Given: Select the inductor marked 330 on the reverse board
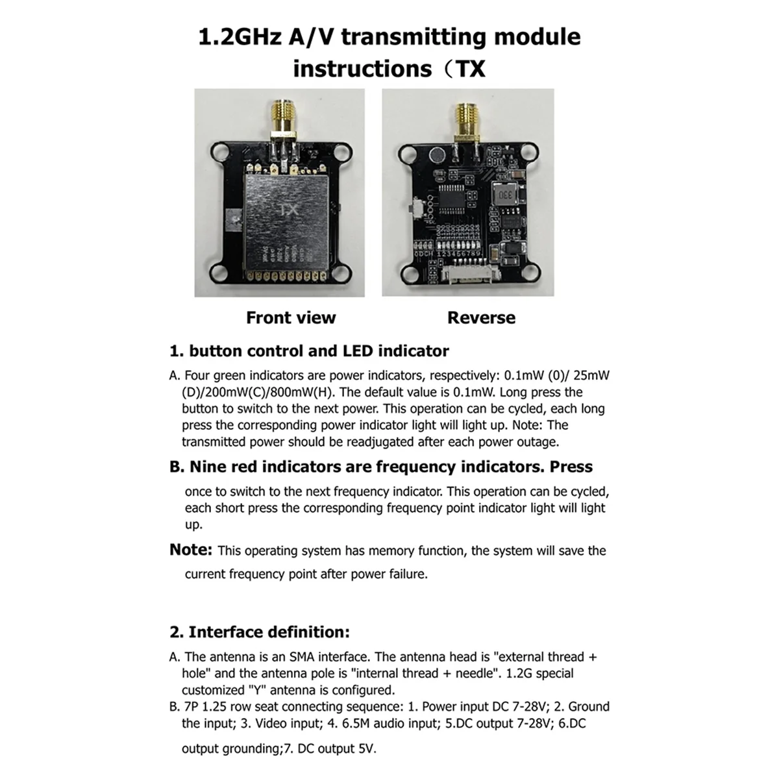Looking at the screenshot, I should click(x=505, y=194).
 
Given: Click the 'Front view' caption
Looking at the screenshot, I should click(x=291, y=317).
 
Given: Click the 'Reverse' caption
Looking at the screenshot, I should click(x=481, y=317).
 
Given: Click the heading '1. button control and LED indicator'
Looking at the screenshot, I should click(x=309, y=351).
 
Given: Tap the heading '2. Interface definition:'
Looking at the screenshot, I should click(x=260, y=632).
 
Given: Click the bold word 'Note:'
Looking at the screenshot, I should click(x=191, y=550).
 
